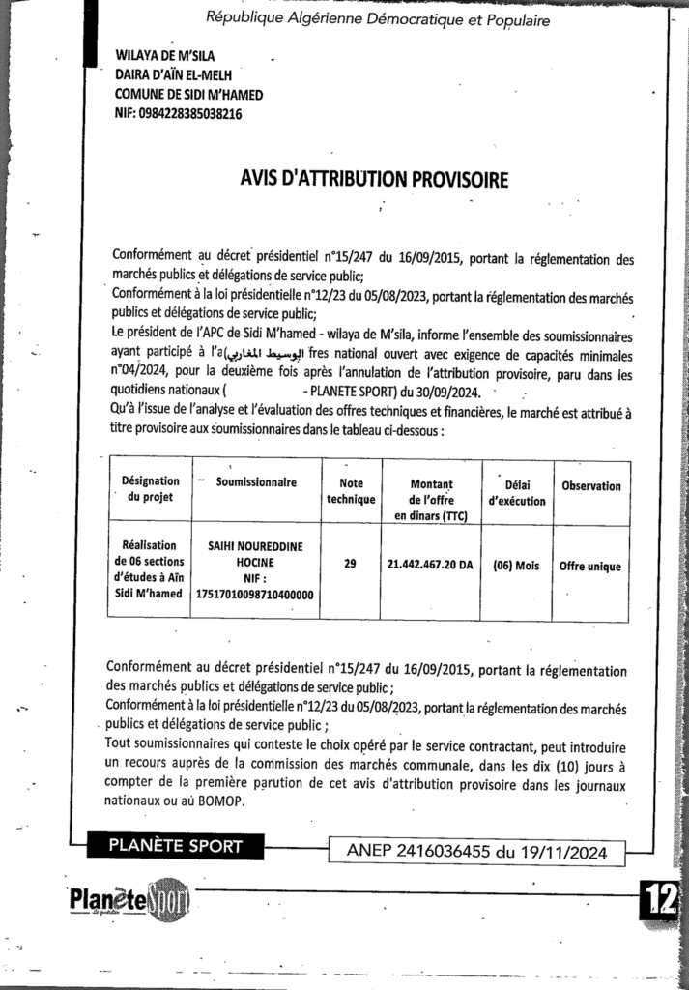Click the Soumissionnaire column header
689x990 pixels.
pos(256,481)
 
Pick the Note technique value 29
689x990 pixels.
pos(349,566)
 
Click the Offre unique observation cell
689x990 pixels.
pos(590,567)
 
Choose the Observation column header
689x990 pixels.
pos(590,486)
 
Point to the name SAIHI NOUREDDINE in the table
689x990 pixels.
pos(256,546)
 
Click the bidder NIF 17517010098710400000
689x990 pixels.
pos(256,595)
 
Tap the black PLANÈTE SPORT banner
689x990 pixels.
pos(176,847)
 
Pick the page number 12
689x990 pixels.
pos(662,899)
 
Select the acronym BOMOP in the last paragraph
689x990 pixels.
pos(223,801)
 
